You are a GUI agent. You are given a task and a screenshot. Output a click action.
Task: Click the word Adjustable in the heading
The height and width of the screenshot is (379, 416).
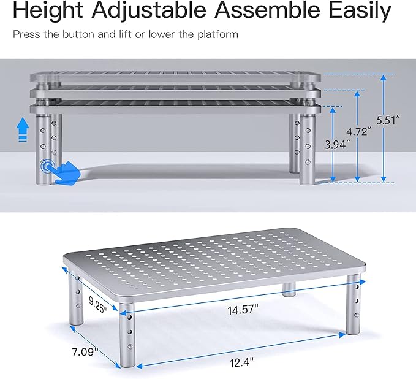(x=161, y=10)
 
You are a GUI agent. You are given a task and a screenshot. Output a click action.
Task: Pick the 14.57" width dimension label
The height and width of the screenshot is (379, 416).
(x=240, y=310)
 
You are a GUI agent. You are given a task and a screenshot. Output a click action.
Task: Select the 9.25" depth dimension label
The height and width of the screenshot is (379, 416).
(x=96, y=302)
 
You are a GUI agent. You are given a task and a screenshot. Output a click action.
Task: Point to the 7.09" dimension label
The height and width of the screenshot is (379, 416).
(x=85, y=352)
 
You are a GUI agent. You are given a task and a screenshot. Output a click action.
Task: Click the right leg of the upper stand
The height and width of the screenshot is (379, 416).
(x=306, y=147)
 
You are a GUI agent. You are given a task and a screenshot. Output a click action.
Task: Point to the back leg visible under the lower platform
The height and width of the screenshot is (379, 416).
(x=289, y=289)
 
